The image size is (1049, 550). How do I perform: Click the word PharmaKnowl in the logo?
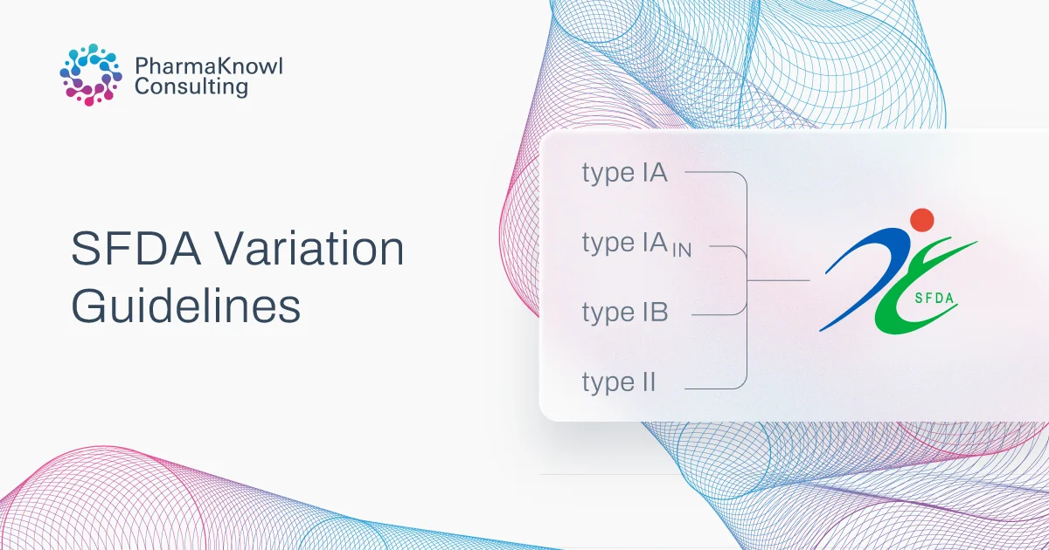pyautogui.click(x=209, y=66)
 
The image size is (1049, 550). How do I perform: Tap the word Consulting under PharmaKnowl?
pyautogui.click(x=191, y=87)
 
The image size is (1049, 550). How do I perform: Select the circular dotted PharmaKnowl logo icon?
pyautogui.click(x=89, y=75)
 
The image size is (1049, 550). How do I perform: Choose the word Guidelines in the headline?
pyautogui.click(x=185, y=307)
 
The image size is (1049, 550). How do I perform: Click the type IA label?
pyautogui.click(x=624, y=173)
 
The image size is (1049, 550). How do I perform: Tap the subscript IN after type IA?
pyautogui.click(x=680, y=251)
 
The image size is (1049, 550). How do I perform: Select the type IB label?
pyautogui.click(x=624, y=313)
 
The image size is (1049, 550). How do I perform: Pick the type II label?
pyautogui.click(x=619, y=382)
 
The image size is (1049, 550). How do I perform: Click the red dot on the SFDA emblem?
pyautogui.click(x=921, y=219)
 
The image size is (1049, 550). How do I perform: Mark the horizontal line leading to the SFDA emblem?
pyautogui.click(x=778, y=281)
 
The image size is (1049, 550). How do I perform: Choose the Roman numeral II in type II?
pyautogui.click(x=645, y=382)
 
